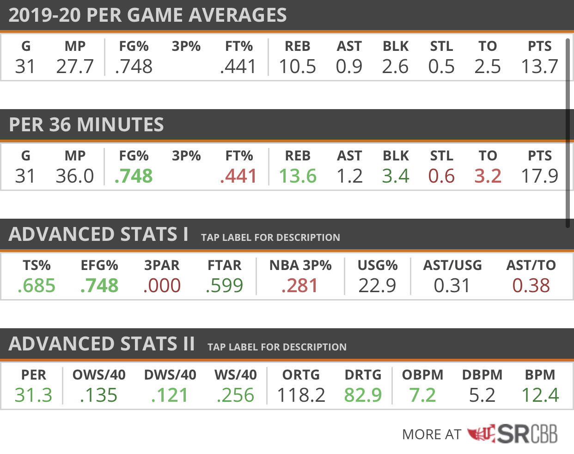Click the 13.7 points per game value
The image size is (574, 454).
tap(539, 66)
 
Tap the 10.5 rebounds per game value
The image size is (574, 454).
tap(298, 66)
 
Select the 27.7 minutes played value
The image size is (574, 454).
tap(75, 66)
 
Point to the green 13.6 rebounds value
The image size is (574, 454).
tap(298, 176)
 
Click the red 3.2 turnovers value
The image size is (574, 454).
tap(488, 176)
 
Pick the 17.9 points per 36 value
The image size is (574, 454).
tap(539, 176)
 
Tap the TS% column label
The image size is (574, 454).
tap(37, 265)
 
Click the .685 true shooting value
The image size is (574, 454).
tap(37, 285)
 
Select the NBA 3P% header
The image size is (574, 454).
tap(300, 265)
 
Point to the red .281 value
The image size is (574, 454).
tap(299, 285)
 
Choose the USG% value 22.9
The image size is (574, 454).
tap(377, 285)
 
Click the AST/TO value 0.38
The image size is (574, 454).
tap(531, 285)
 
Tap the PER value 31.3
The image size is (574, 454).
tap(33, 395)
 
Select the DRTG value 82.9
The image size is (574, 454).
tap(363, 395)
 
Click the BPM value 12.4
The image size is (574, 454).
tap(540, 395)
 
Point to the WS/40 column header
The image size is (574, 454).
tap(236, 375)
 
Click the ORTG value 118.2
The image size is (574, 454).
tap(301, 395)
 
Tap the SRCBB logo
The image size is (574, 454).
tap(513, 434)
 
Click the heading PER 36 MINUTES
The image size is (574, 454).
tap(86, 124)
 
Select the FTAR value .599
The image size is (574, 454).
tap(224, 285)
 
